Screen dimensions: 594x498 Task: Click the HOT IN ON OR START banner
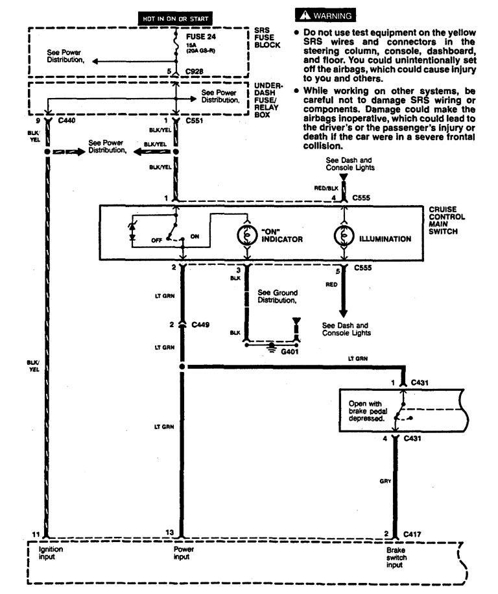[176, 19]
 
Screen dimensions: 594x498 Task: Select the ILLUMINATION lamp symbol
[342, 238]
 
